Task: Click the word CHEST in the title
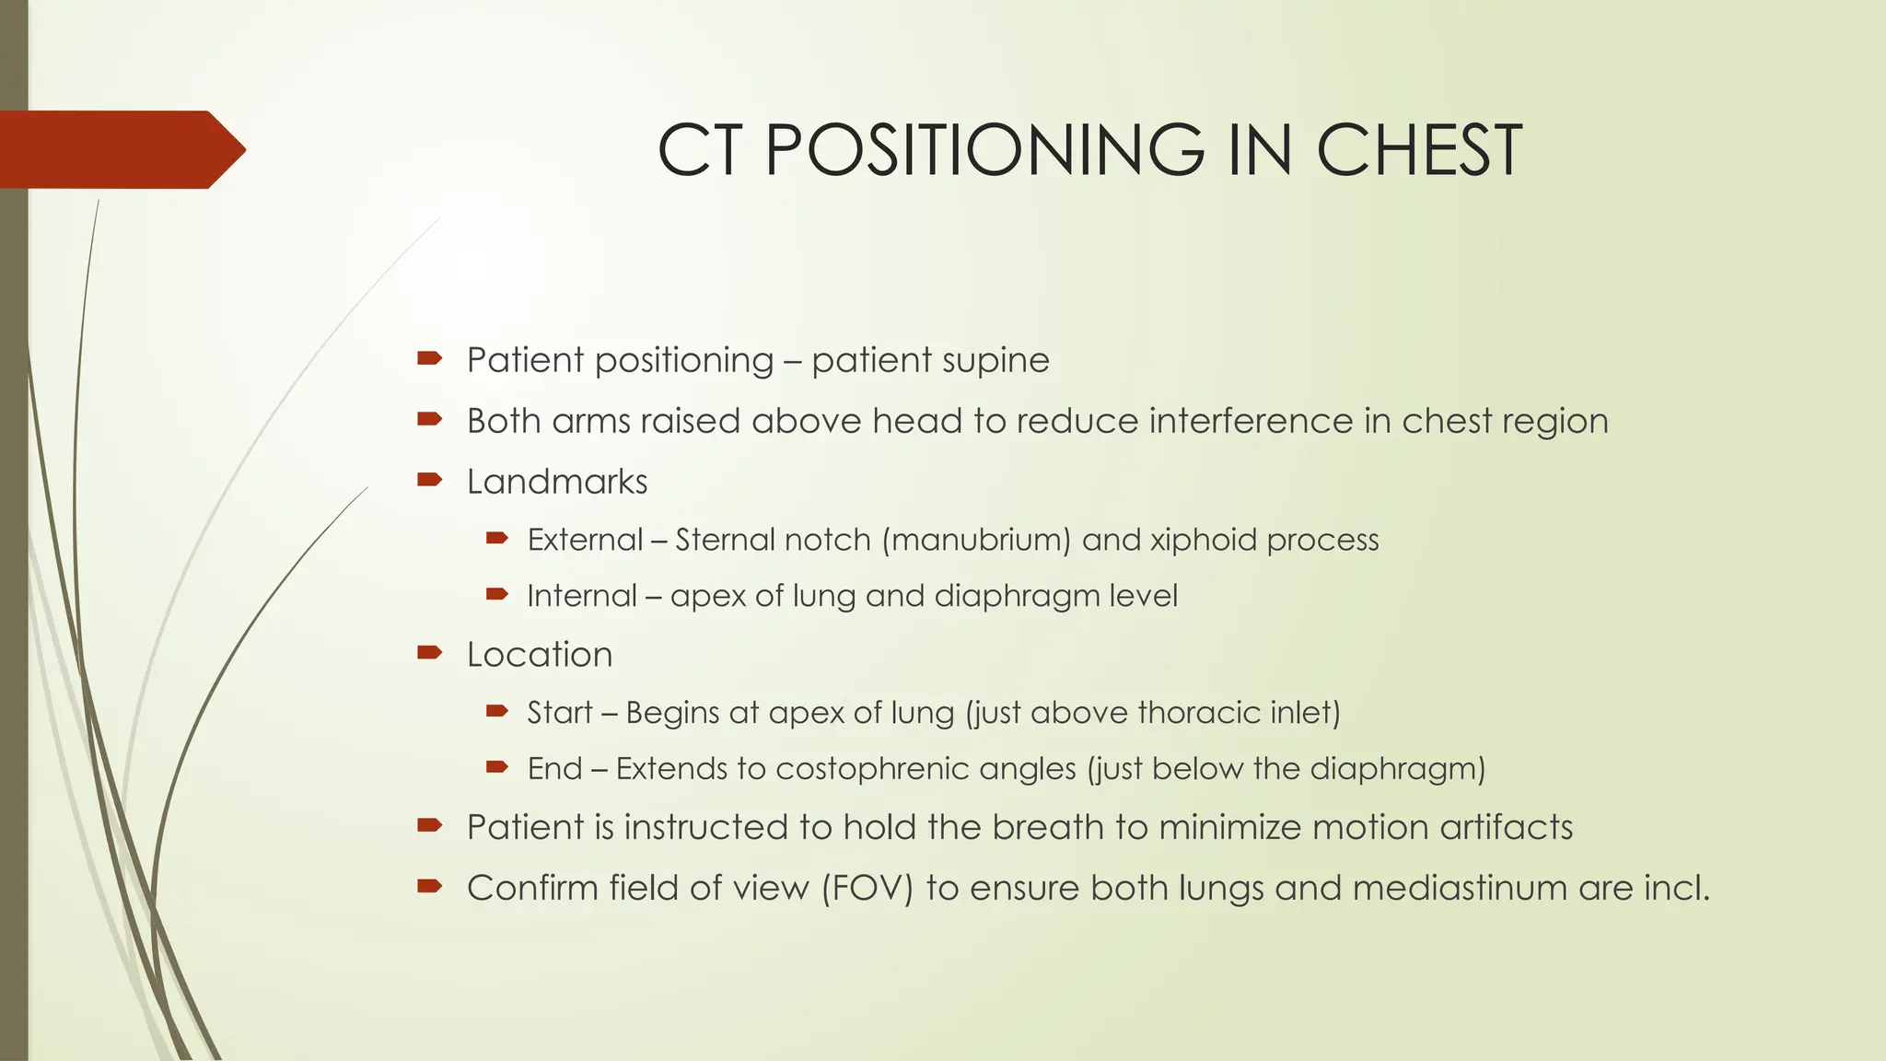[1418, 150]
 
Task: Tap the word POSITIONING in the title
[984, 150]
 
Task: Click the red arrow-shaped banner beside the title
[120, 149]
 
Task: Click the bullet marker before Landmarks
[429, 480]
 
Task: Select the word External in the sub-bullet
[585, 540]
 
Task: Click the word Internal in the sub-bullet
[581, 596]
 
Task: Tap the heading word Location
[540, 655]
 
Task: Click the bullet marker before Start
[497, 711]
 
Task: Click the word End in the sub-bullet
[554, 769]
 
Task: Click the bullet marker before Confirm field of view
[429, 887]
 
